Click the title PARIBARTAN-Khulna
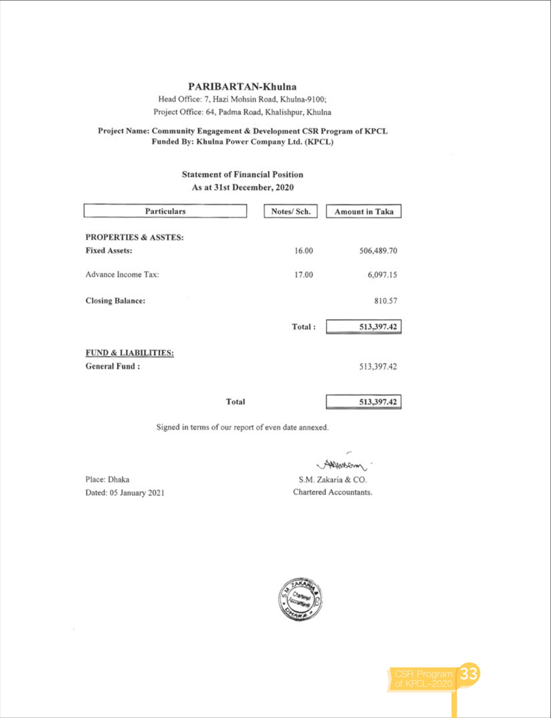[242, 87]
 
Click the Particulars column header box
[165, 211]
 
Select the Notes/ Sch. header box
[290, 211]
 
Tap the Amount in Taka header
[363, 211]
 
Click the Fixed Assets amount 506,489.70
[378, 251]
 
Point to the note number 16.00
[303, 251]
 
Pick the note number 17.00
[303, 275]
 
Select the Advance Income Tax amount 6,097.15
[382, 275]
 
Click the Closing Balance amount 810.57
[385, 301]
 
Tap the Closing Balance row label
[115, 301]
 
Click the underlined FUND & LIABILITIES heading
[129, 353]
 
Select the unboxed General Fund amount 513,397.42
[378, 366]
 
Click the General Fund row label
[112, 366]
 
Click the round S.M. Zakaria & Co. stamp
[300, 599]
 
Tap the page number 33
[468, 674]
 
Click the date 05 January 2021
[137, 493]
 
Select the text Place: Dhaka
[107, 480]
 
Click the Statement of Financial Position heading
[242, 174]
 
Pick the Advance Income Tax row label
[122, 275]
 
